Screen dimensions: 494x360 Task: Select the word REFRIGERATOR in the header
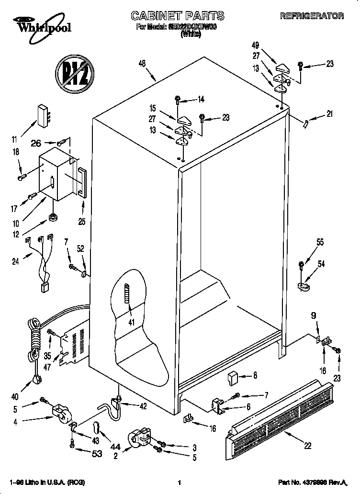click(x=312, y=16)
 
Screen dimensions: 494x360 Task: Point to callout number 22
click(x=307, y=446)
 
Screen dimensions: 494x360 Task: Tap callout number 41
click(x=130, y=322)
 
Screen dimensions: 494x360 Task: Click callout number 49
click(x=255, y=46)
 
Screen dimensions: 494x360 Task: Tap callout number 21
click(x=329, y=114)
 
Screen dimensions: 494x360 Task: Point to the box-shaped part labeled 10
click(x=55, y=175)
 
